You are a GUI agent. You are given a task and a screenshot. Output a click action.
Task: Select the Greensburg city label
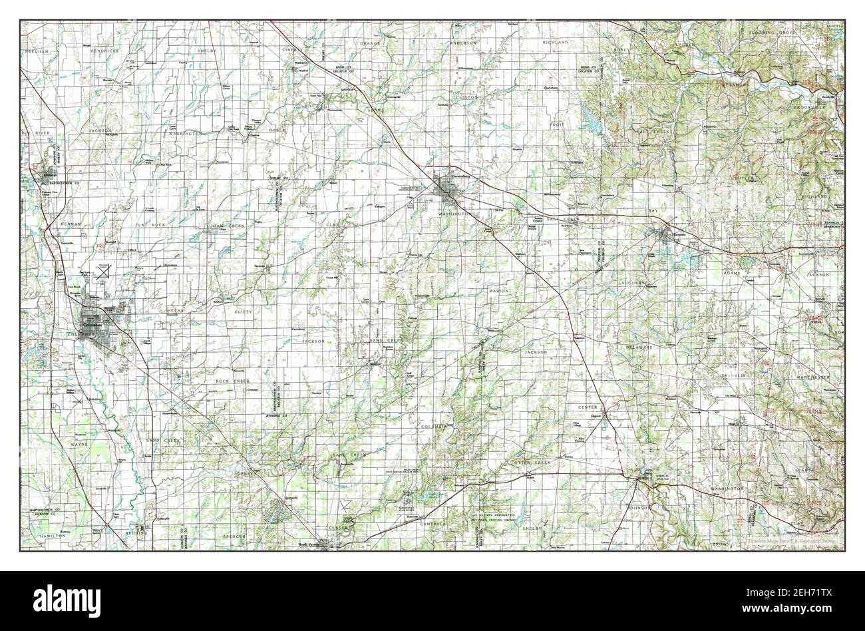(x=456, y=177)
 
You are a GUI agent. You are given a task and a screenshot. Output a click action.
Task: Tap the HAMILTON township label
(x=51, y=535)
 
